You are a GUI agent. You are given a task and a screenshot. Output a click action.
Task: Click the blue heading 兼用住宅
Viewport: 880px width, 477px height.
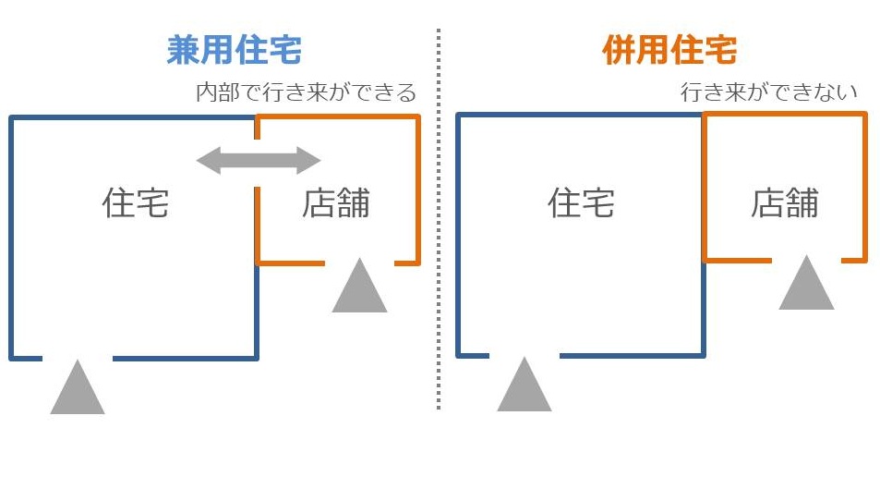[235, 50]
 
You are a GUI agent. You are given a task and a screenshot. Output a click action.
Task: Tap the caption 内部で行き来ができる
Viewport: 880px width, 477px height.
[307, 93]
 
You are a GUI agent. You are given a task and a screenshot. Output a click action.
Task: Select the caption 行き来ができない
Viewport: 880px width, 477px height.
[769, 93]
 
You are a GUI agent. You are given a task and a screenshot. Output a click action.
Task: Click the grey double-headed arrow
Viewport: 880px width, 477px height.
[259, 161]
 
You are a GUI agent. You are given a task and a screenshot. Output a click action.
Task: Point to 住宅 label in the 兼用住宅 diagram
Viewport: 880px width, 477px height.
[136, 203]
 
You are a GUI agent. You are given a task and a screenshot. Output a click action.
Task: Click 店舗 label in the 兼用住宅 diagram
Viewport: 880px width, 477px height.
[336, 203]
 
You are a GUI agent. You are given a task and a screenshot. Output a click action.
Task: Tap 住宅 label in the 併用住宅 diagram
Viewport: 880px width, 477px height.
[581, 202]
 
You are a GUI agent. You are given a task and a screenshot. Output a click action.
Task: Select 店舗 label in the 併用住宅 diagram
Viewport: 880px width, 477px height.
[785, 202]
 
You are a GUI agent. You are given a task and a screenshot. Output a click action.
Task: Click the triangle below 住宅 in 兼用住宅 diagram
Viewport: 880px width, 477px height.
[78, 390]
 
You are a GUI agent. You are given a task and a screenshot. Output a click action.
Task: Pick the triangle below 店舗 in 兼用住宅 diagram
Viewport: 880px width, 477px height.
[359, 288]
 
